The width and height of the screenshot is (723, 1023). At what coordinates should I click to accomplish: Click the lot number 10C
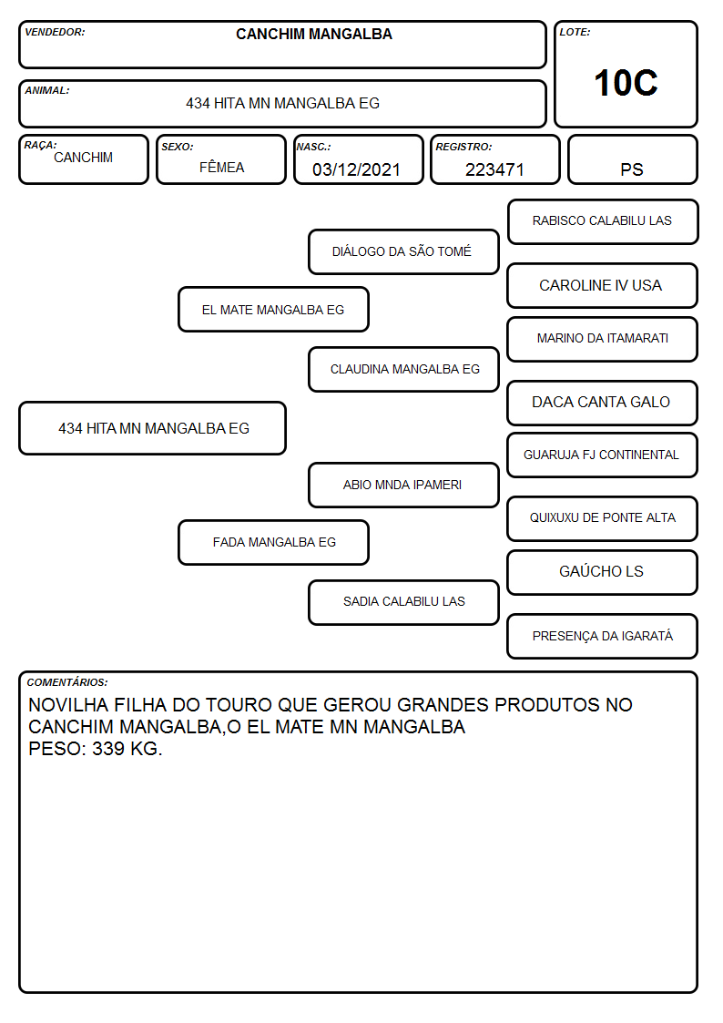pyautogui.click(x=626, y=83)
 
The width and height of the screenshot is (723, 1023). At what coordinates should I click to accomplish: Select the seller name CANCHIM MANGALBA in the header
pyautogui.click(x=314, y=34)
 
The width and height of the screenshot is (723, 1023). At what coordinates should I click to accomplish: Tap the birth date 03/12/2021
pyautogui.click(x=356, y=169)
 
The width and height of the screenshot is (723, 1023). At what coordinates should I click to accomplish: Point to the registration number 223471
pyautogui.click(x=494, y=169)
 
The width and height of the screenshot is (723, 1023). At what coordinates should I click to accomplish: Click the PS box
pyautogui.click(x=632, y=159)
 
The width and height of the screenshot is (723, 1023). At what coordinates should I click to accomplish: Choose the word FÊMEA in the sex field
pyautogui.click(x=221, y=167)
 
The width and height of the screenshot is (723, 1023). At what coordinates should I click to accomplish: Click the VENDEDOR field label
pyautogui.click(x=55, y=32)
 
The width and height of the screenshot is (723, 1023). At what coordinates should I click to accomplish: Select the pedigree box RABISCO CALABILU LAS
pyautogui.click(x=603, y=222)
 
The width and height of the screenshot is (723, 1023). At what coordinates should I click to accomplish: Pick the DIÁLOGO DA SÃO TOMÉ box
pyautogui.click(x=403, y=251)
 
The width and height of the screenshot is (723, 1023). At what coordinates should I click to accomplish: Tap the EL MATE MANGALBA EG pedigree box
pyautogui.click(x=273, y=309)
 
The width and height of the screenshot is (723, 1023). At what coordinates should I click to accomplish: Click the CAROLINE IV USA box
pyautogui.click(x=602, y=286)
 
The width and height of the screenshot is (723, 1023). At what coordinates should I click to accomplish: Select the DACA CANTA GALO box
pyautogui.click(x=602, y=403)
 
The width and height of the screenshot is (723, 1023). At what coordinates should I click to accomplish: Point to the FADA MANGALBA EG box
pyautogui.click(x=273, y=542)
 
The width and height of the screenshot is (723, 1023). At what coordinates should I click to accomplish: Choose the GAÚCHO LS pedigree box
pyautogui.click(x=602, y=572)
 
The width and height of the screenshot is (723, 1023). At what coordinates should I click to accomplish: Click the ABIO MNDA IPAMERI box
pyautogui.click(x=403, y=485)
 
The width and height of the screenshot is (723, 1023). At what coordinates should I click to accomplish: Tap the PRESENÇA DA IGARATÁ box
pyautogui.click(x=602, y=636)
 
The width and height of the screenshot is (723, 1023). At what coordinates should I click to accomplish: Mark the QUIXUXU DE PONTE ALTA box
pyautogui.click(x=602, y=518)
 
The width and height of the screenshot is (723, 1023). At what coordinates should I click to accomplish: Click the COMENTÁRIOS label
pyautogui.click(x=67, y=682)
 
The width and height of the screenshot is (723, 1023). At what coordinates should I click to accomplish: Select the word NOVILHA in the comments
pyautogui.click(x=68, y=704)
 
